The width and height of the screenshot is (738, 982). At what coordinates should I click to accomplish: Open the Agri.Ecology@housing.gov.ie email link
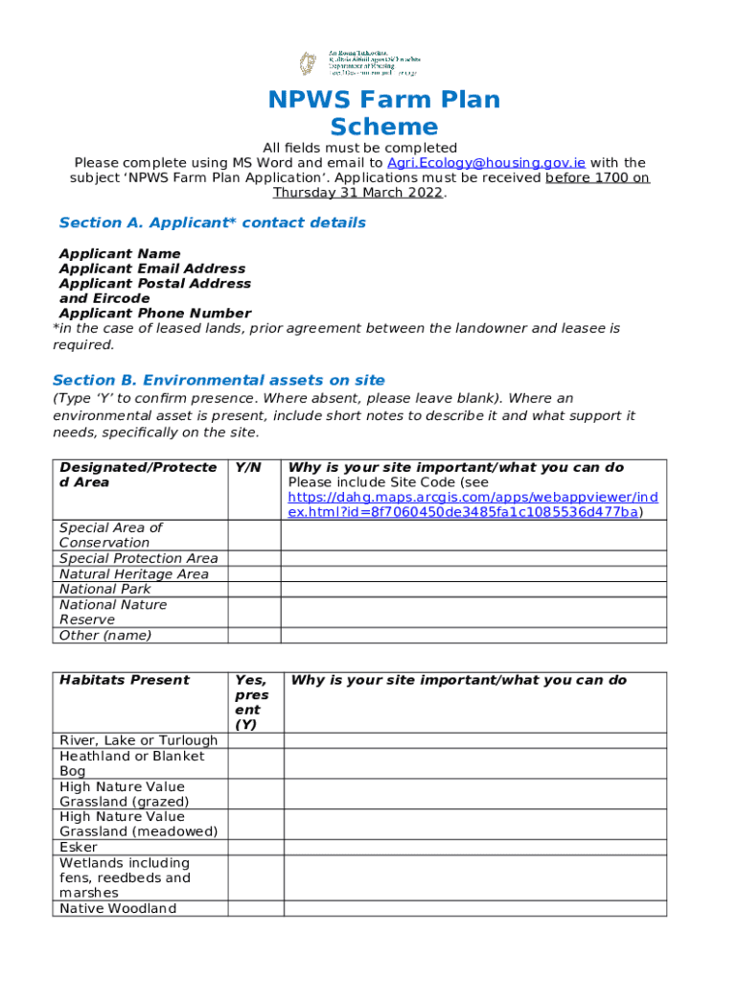pos(486,163)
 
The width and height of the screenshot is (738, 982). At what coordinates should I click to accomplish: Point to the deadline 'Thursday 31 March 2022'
pos(358,193)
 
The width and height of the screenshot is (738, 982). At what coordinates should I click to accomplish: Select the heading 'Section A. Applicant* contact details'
pos(212,222)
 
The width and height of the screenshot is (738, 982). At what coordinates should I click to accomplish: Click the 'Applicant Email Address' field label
pos(151,269)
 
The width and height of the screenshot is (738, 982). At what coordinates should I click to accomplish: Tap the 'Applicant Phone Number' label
pos(154,314)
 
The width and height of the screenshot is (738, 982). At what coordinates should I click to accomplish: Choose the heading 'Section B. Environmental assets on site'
pos(219,380)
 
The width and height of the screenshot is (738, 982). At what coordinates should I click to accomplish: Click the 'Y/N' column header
pos(247,468)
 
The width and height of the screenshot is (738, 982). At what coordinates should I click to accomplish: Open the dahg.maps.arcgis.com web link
pos(473,504)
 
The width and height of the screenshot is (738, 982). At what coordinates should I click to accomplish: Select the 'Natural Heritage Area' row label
pos(133,573)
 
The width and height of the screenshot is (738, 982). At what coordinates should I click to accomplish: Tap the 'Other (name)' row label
pos(105,635)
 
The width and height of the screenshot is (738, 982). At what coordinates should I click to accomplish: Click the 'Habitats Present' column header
pos(125,680)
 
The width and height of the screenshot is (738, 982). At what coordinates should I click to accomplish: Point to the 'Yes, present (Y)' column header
pos(251,702)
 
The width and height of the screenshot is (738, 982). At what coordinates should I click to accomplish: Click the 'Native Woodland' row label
pos(118,908)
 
